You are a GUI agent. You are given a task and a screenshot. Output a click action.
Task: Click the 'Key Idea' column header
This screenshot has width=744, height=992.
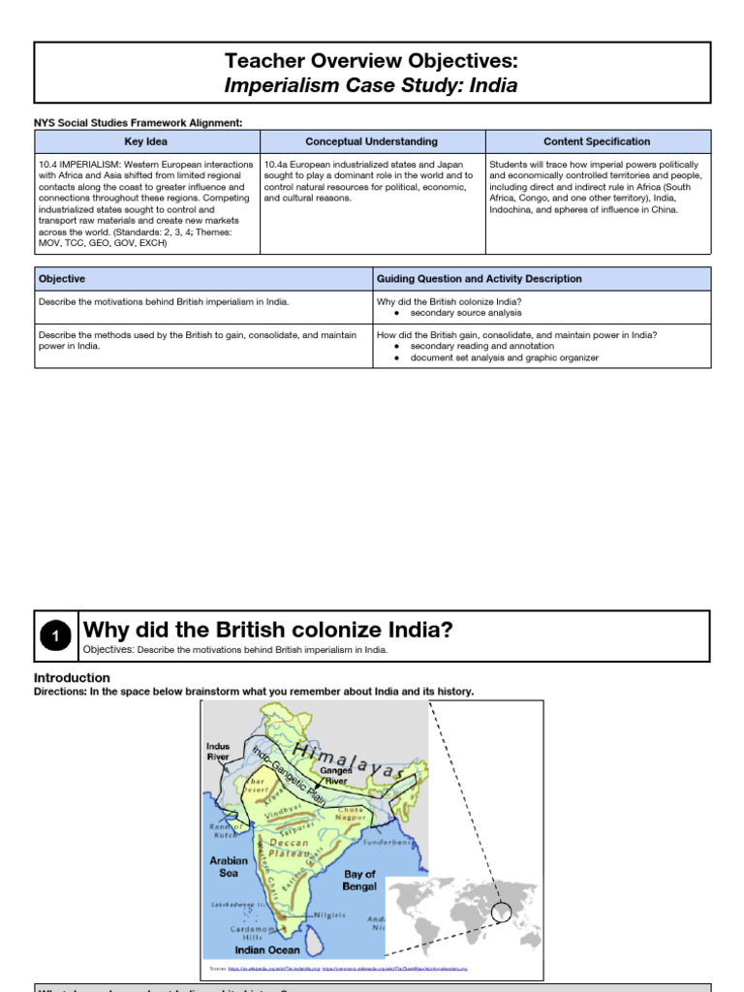(x=146, y=141)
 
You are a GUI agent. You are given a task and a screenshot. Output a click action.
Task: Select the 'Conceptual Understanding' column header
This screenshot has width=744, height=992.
(x=371, y=141)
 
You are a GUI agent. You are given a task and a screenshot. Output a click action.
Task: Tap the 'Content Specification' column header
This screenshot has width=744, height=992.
(x=597, y=141)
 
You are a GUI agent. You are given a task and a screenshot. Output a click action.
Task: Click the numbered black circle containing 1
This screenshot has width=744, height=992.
(x=56, y=635)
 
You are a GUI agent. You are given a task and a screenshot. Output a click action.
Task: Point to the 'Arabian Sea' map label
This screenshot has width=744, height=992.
(x=229, y=866)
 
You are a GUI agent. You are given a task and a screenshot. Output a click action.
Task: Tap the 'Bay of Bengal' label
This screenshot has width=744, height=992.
(x=359, y=880)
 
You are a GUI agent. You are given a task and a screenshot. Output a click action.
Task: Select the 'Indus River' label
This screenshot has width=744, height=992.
(x=218, y=752)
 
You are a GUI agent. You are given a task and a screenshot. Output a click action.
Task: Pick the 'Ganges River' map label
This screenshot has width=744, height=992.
(x=336, y=776)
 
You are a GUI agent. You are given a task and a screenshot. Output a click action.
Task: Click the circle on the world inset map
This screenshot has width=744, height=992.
(x=502, y=912)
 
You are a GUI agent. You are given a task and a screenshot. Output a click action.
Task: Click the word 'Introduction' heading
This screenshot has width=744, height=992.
(x=72, y=678)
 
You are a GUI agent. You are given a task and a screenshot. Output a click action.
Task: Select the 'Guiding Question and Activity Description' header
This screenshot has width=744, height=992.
(x=479, y=279)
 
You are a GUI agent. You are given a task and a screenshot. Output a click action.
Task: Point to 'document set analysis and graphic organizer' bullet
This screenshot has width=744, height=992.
(x=504, y=357)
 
